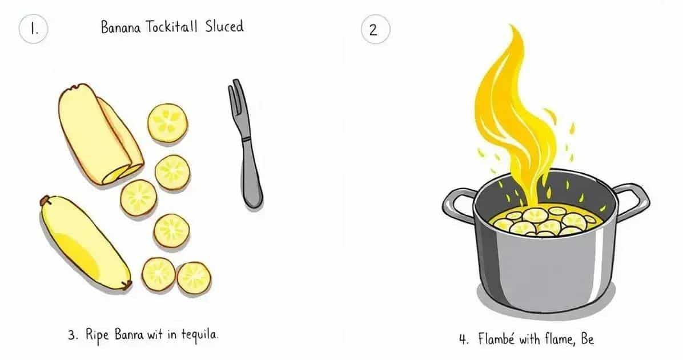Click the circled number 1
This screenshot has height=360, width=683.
[33, 29]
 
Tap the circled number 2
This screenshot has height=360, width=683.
[375, 29]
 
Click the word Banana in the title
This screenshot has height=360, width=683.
[120, 27]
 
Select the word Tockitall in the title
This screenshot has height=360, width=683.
[171, 27]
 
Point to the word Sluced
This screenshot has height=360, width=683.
[224, 26]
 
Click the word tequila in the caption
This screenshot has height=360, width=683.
[199, 335]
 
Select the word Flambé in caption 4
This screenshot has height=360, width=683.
[496, 339]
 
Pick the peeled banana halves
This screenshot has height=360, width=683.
[101, 134]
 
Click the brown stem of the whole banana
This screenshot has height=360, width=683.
[45, 201]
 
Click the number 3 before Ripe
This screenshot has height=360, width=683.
[73, 335]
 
